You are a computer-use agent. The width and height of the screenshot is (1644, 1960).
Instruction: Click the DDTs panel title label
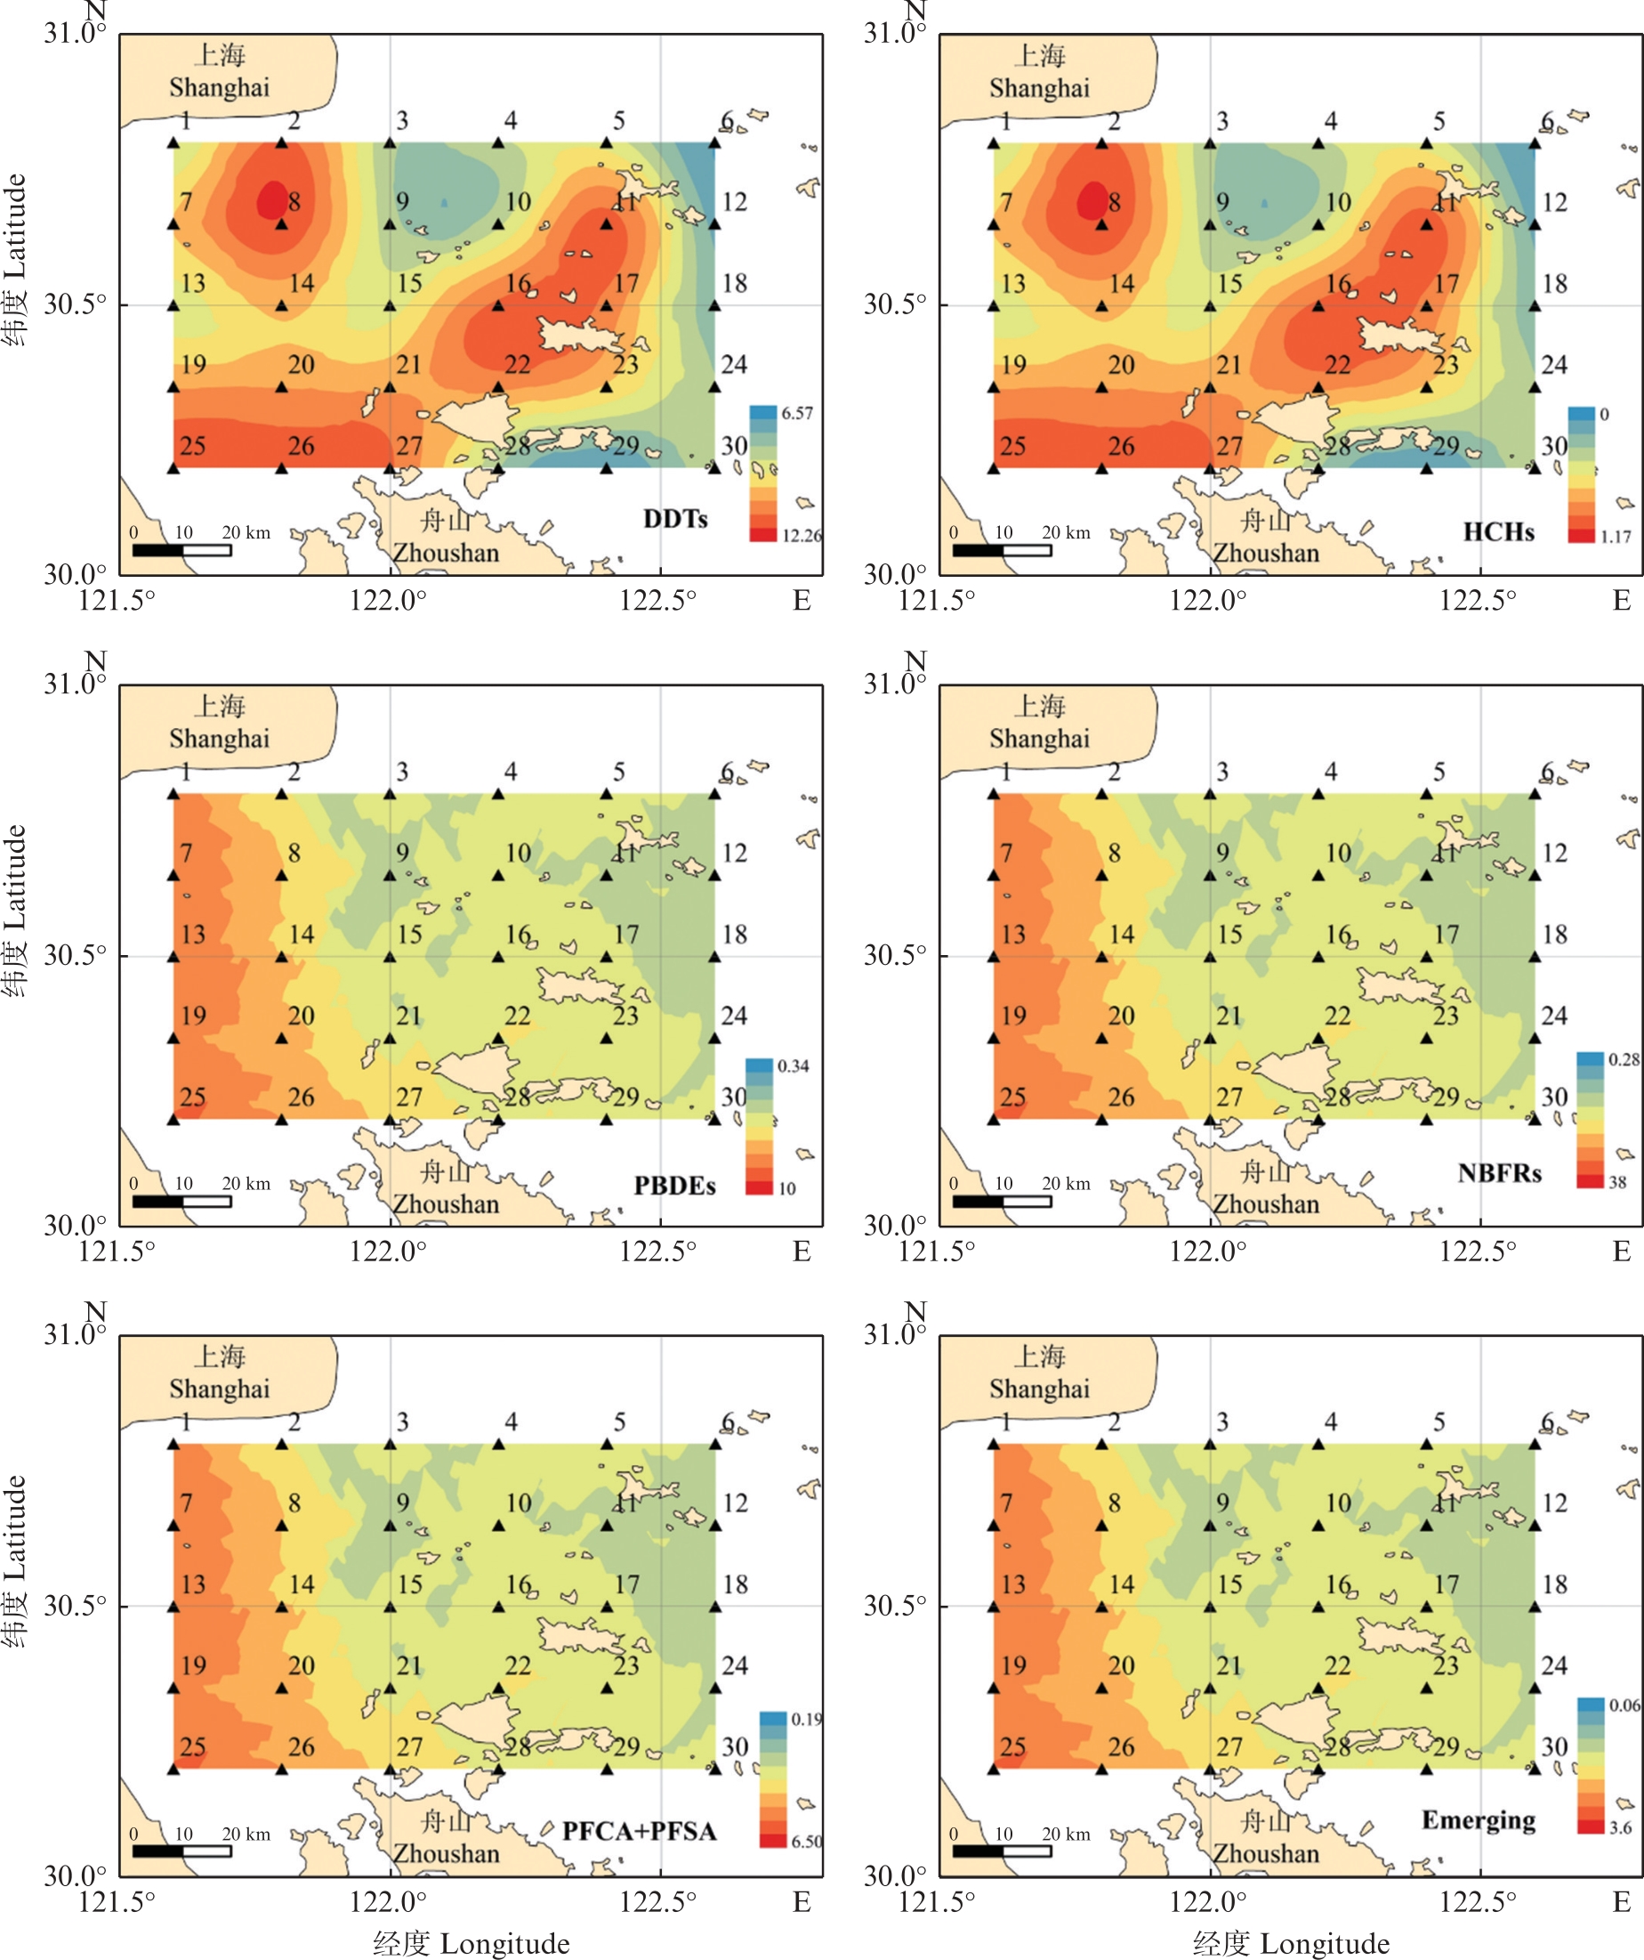674,519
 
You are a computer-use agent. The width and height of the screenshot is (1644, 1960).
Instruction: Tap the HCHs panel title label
1497,532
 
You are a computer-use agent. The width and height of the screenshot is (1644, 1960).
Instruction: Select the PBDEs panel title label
673,1186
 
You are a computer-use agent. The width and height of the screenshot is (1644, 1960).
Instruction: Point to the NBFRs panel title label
1499,1173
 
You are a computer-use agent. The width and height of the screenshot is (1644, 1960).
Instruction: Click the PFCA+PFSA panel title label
639,1831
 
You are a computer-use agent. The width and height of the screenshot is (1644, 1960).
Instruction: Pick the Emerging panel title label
1478,1820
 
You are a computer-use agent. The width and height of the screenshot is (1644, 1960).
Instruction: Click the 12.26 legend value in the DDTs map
802,536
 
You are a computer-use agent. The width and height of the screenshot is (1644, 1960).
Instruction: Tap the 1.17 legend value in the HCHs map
1615,537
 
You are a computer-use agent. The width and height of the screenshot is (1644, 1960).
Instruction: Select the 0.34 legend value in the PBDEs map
793,1065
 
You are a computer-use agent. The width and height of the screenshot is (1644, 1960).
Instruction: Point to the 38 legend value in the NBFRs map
1617,1183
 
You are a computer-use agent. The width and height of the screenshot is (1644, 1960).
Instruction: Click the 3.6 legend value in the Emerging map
1621,1827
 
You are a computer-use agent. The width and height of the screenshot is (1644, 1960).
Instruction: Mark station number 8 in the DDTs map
294,200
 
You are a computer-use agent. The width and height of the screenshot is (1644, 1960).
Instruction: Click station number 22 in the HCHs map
1337,364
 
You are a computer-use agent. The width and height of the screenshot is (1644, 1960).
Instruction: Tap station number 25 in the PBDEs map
192,1097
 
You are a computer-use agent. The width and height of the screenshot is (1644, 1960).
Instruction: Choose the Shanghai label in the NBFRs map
1038,738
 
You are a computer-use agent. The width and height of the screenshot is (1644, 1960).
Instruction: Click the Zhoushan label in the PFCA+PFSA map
445,1852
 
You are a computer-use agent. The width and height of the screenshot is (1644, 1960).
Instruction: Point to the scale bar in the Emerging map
1001,1851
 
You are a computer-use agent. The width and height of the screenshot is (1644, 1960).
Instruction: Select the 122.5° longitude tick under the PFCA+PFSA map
657,1901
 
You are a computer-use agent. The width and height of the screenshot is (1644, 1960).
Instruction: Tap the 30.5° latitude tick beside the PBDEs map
75,955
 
